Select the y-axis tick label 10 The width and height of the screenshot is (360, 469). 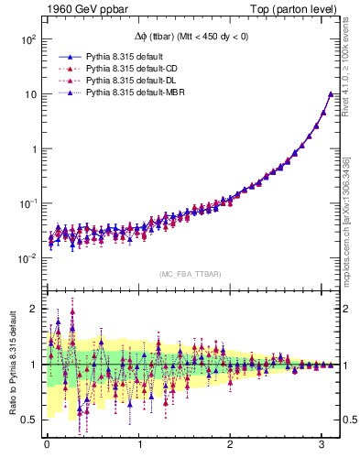(x=30, y=94)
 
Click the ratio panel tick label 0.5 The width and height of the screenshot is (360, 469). (x=28, y=420)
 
